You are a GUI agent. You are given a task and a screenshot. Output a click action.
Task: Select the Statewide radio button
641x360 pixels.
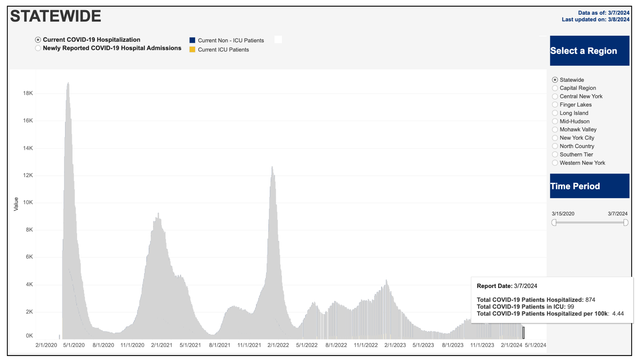coord(555,80)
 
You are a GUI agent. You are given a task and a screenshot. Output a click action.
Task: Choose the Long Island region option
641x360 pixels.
coord(555,113)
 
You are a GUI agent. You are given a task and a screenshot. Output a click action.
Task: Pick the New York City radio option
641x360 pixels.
coord(555,138)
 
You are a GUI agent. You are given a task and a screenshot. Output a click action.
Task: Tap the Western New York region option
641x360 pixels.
coord(555,163)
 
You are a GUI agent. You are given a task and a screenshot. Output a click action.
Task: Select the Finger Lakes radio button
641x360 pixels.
coord(555,105)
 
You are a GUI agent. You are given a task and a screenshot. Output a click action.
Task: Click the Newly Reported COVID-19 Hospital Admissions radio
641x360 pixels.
coord(38,48)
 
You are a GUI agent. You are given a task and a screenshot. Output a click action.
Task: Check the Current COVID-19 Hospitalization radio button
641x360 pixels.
coord(38,40)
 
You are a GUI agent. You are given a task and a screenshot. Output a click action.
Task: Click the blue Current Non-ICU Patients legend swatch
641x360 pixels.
coord(192,40)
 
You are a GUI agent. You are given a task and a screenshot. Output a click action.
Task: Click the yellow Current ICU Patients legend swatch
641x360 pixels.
coord(192,50)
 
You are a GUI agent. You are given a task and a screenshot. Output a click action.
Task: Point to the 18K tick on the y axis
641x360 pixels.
coord(28,93)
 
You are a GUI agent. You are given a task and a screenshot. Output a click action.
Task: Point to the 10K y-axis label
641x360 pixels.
coord(28,202)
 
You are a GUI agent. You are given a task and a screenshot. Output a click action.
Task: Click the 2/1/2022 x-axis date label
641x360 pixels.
coord(278,345)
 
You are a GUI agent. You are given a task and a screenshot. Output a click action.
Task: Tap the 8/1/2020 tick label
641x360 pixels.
coord(103,345)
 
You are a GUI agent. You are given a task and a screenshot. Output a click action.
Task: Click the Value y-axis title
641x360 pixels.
coord(16,204)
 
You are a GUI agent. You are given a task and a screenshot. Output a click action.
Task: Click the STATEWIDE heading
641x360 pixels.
coord(56,16)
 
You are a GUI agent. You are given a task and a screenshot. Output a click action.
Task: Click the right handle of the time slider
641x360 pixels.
coord(626,223)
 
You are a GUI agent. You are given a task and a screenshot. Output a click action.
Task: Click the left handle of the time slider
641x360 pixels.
coord(554,223)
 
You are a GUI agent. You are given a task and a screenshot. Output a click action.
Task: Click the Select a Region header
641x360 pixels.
coord(589,51)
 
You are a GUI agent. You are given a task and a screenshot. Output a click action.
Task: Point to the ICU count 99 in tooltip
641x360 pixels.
coord(571,307)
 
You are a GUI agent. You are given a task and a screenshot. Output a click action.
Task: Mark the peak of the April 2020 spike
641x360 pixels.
coord(68,83)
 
